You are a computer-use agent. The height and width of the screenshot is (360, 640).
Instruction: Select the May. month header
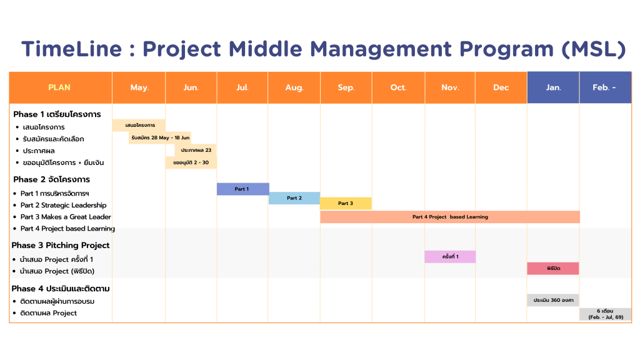(139, 87)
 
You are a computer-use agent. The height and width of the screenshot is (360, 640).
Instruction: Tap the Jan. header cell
(553, 87)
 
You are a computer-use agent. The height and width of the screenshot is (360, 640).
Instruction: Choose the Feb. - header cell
(605, 87)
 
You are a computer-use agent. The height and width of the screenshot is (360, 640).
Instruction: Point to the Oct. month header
(398, 87)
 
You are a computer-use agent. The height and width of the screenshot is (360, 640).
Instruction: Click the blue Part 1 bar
(243, 189)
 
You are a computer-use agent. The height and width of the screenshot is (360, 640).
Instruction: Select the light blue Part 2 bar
(294, 198)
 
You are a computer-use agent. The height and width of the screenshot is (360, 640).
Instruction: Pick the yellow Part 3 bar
(346, 203)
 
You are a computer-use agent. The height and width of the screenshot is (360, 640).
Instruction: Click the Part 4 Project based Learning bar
(450, 217)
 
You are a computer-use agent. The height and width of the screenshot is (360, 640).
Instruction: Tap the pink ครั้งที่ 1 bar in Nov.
(450, 257)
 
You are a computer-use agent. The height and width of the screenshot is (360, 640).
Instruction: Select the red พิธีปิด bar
(553, 269)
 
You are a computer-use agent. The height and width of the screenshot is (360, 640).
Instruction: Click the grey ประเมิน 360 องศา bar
(553, 300)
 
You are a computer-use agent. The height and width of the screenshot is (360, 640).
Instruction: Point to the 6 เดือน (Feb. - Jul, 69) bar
(605, 314)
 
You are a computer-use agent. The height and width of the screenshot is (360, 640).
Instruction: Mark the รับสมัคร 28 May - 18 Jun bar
(159, 137)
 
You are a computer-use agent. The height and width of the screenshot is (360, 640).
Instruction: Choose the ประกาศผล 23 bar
(196, 150)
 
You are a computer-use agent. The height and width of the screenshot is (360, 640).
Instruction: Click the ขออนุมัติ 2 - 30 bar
(191, 162)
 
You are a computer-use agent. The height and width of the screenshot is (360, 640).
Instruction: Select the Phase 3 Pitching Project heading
(61, 245)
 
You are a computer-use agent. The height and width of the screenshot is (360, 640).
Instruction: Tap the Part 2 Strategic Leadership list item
(63, 205)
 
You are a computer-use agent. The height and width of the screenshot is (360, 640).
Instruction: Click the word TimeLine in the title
(72, 49)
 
